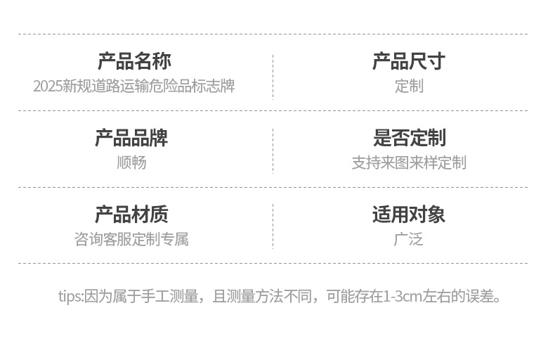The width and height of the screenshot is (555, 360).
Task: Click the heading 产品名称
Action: (x=133, y=61)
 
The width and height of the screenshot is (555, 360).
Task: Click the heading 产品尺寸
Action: (x=408, y=61)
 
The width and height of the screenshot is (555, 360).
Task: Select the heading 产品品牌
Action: (x=131, y=138)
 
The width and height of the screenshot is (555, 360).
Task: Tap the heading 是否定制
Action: (x=409, y=138)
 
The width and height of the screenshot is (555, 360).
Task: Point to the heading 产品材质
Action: (x=131, y=214)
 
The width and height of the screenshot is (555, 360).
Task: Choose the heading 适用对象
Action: (x=409, y=214)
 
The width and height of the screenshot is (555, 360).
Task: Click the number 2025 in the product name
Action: (x=48, y=86)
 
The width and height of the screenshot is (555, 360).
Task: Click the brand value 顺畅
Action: (x=131, y=162)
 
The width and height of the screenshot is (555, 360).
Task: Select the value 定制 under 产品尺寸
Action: (x=409, y=86)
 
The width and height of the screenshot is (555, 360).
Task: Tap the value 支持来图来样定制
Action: (x=409, y=162)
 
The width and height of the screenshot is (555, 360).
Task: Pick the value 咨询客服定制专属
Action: (x=131, y=239)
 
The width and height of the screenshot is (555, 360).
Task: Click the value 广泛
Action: (x=409, y=239)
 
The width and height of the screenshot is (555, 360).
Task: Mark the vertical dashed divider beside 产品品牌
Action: (x=273, y=149)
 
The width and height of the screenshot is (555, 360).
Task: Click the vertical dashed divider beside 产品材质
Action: (x=273, y=226)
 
